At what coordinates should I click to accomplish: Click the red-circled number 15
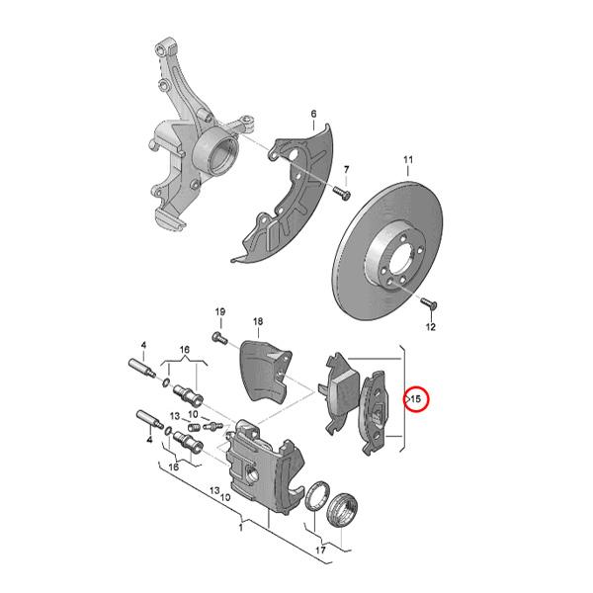(416, 398)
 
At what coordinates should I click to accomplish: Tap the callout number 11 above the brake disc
(406, 160)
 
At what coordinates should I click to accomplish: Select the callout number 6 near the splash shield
(313, 116)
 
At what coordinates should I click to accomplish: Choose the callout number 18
(258, 321)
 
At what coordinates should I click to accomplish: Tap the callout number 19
(220, 312)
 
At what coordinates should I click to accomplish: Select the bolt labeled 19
(219, 337)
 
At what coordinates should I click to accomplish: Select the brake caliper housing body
(257, 465)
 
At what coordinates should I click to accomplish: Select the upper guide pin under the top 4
(144, 370)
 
